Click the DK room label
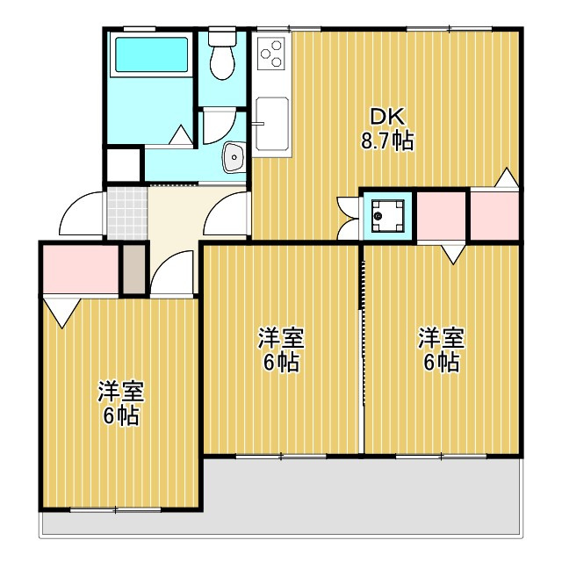[x=387, y=117]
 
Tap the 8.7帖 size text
[x=387, y=140]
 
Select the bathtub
[x=152, y=54]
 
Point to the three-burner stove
[x=271, y=54]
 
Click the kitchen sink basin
[x=272, y=124]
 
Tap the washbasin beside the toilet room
[x=234, y=157]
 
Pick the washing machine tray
[x=388, y=216]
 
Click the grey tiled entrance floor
[x=127, y=213]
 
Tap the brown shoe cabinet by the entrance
[x=134, y=269]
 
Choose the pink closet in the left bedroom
[x=81, y=269]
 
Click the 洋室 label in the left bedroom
[x=121, y=392]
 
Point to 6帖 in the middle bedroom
[x=281, y=363]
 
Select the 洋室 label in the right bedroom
[x=442, y=338]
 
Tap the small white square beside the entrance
[x=123, y=165]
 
